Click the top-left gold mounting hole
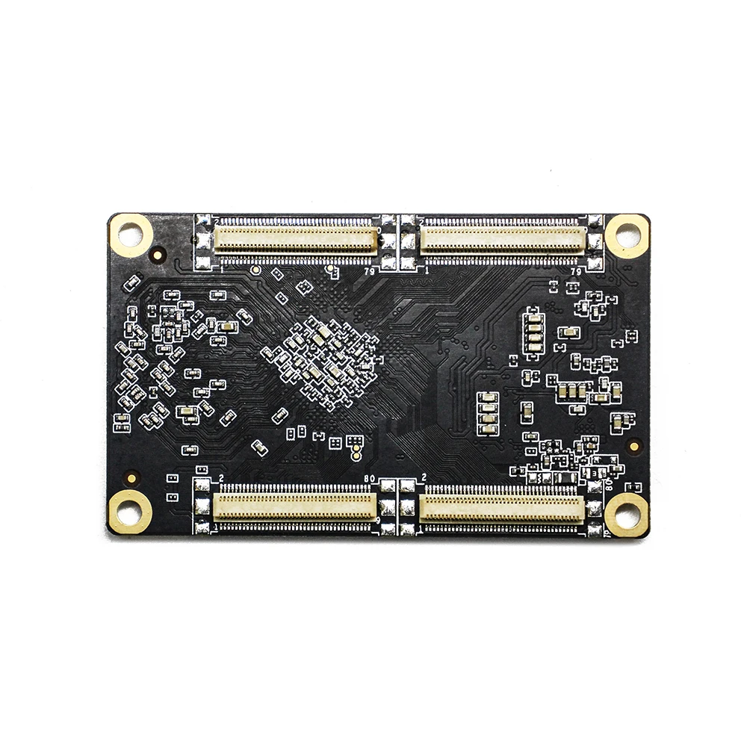click(x=130, y=235)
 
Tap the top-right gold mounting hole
click(x=626, y=235)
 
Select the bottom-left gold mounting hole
click(x=130, y=512)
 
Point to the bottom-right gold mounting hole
click(x=626, y=514)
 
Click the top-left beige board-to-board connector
click(x=296, y=240)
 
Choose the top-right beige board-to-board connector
click(x=502, y=240)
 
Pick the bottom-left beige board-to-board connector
click(x=294, y=507)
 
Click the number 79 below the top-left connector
click(x=369, y=271)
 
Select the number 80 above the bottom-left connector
click(x=368, y=479)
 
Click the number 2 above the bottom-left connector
click(x=221, y=478)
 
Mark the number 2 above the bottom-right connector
click(x=424, y=477)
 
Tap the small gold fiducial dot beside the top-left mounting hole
click(x=158, y=255)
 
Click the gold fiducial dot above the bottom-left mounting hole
click(x=132, y=477)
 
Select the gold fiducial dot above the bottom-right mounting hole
click(x=633, y=446)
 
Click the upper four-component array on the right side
click(x=534, y=332)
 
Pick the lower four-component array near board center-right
click(x=488, y=413)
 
